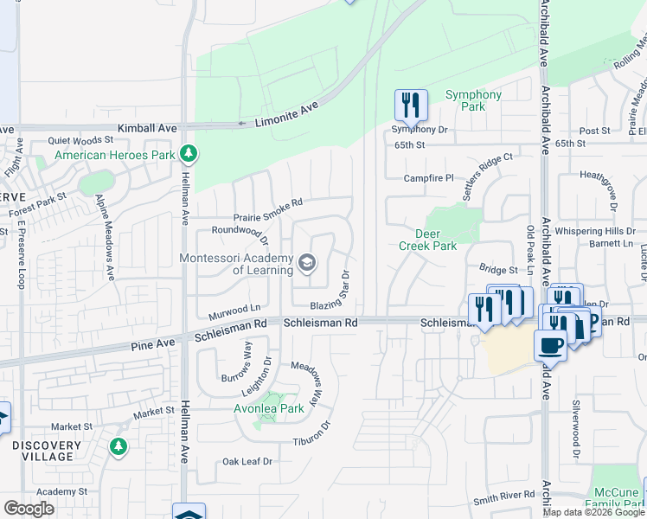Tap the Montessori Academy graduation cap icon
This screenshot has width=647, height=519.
[x=306, y=262]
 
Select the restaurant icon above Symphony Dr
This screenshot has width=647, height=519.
[x=412, y=105]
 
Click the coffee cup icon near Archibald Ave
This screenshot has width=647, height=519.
[x=550, y=346]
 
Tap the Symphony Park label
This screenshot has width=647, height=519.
[x=473, y=100]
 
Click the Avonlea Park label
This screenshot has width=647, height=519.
[x=269, y=408]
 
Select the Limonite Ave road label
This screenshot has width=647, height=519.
[x=287, y=113]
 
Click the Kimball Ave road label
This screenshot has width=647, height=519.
[x=148, y=127]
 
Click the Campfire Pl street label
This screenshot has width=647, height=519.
[x=429, y=178]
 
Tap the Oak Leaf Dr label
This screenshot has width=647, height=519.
[x=247, y=462]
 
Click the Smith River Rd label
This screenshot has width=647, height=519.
[x=504, y=499]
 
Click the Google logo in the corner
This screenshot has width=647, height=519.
[x=29, y=509]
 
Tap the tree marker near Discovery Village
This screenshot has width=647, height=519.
[x=118, y=447]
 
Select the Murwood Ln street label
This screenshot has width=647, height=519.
[x=234, y=308]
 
